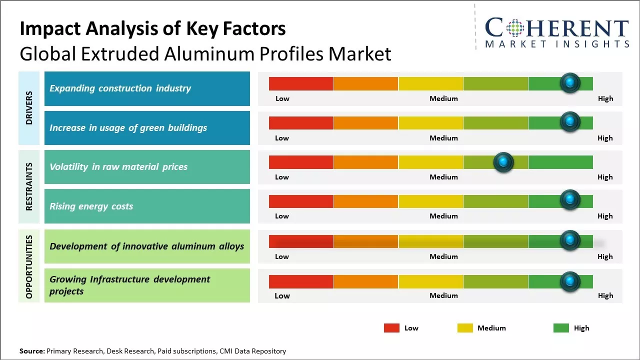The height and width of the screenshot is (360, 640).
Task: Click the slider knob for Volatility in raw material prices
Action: (503, 162)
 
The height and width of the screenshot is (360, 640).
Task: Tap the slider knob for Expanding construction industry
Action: (570, 83)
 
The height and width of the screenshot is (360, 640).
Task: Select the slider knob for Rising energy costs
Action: (570, 200)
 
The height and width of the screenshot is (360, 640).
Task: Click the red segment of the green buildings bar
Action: (301, 123)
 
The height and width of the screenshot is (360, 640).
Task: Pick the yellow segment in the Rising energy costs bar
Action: (430, 201)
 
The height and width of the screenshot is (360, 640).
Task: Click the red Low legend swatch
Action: (391, 328)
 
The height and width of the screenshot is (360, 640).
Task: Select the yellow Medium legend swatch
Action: (465, 328)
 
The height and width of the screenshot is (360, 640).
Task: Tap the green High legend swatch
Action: (561, 328)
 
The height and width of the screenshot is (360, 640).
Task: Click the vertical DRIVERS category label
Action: (29, 107)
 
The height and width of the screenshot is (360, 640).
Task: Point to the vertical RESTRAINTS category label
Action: (29, 186)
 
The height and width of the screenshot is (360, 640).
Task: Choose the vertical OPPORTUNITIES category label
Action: (29, 266)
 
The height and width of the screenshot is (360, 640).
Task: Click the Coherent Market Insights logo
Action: (557, 32)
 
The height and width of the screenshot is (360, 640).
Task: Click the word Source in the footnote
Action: (31, 351)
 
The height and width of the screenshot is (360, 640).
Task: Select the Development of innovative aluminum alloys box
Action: (147, 246)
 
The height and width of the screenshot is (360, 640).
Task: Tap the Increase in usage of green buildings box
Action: (147, 128)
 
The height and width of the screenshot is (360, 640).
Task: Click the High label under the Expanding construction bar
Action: (605, 98)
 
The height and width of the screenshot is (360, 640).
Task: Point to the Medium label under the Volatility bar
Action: (443, 177)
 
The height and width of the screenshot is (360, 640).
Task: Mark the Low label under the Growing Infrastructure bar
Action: (282, 295)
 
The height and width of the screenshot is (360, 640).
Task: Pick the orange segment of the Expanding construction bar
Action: (365, 83)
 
